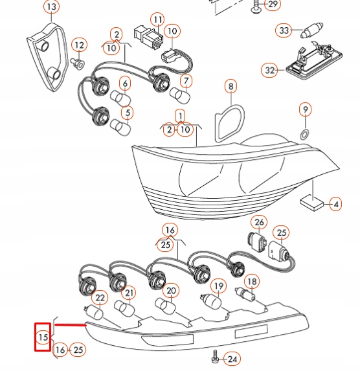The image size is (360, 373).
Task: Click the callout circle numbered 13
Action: coord(52,6)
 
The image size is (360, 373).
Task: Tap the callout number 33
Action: coord(284,30)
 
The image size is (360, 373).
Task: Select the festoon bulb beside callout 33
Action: coord(311,30)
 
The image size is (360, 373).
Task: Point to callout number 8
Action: coord(231,86)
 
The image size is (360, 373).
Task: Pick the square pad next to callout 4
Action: coord(312,203)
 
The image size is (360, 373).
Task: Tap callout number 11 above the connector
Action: coord(157,19)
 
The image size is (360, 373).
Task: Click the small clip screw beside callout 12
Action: coord(78,63)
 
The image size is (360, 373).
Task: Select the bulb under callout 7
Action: coord(180,95)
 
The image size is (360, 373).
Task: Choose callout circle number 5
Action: coord(127,113)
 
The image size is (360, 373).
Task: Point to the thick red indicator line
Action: coord(70,324)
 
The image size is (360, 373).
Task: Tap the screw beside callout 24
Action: coord(215,356)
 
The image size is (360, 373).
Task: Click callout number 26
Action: coord(259,222)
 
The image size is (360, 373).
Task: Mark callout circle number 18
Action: coord(252,282)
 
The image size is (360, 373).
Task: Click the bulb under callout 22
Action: coord(94,312)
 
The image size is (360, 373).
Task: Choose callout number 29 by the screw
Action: coord(273,4)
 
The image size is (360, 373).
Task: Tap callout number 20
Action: coord(171,291)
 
